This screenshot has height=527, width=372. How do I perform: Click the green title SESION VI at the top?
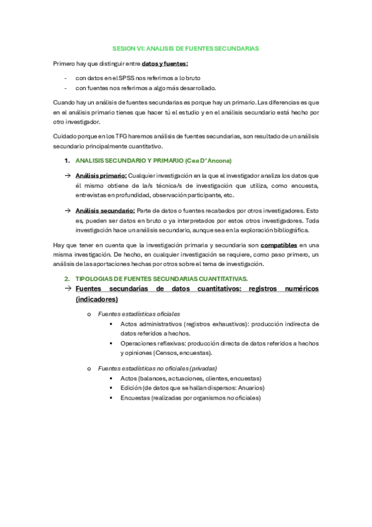click(186, 48)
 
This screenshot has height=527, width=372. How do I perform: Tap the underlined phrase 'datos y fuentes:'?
click(165, 63)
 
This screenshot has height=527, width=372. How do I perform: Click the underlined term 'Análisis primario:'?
click(101, 176)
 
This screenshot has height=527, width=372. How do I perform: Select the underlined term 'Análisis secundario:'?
click(105, 211)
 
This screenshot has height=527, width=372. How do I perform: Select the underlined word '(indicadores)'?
click(96, 299)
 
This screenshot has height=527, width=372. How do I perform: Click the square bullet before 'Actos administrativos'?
click(111, 324)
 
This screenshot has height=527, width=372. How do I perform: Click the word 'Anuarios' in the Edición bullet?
click(250, 388)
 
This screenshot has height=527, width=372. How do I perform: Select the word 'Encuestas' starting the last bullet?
click(136, 398)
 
